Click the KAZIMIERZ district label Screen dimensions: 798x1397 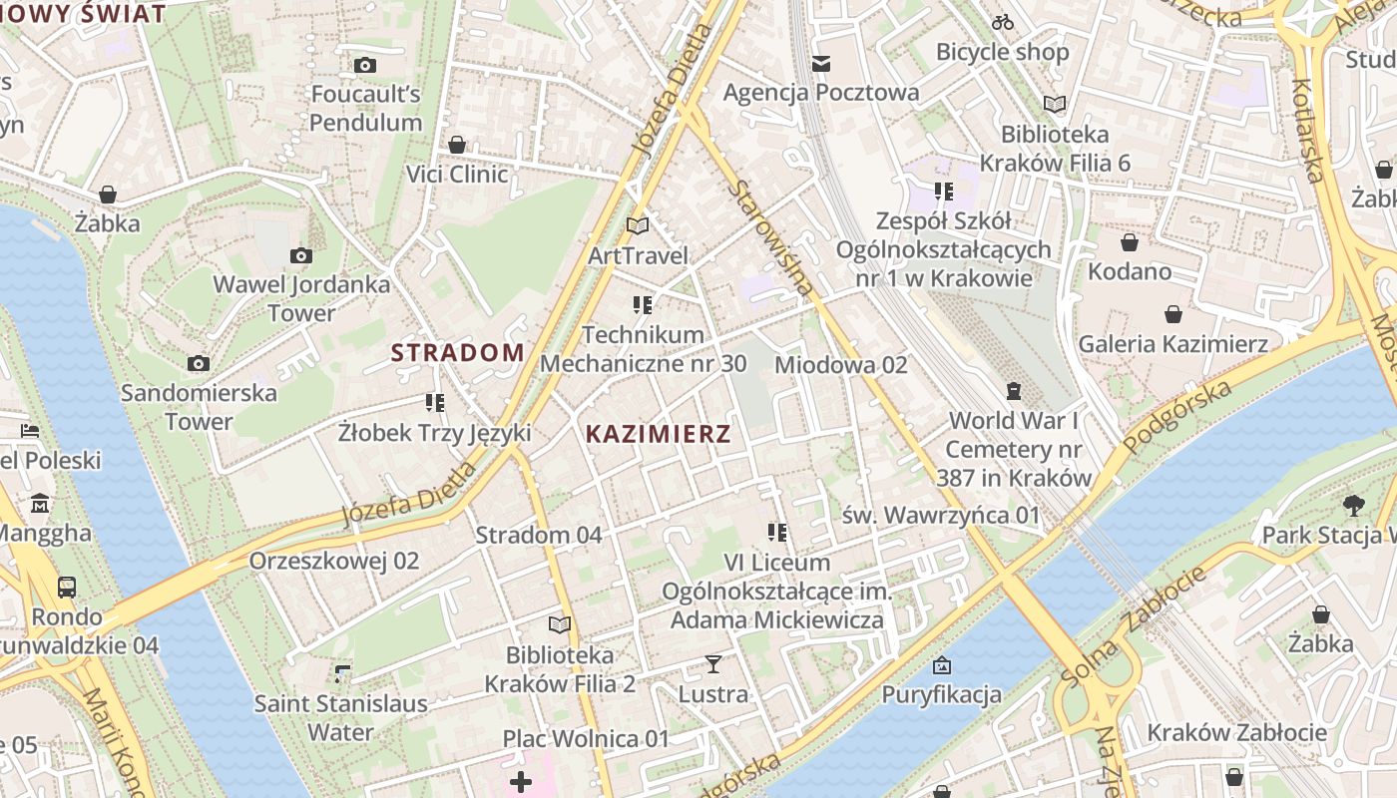tap(658, 434)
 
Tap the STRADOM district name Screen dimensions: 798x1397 tap(457, 352)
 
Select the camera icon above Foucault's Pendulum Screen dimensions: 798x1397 tap(365, 65)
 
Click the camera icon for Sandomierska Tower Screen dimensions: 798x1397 tap(199, 363)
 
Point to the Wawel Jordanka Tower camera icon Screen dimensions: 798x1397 tap(300, 255)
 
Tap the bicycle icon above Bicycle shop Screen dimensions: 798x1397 tap(1003, 22)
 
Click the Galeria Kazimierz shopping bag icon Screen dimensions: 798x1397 tap(1172, 315)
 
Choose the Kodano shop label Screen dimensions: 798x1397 tap(1130, 271)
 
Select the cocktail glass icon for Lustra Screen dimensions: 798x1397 tap(712, 664)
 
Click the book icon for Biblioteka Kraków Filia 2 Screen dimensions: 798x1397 tap(560, 625)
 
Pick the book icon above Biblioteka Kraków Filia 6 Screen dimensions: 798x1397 tap(1055, 104)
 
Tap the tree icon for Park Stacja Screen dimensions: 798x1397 tap(1353, 506)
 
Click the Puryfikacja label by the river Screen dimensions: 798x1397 tap(941, 694)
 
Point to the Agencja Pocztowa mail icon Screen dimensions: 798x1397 tap(820, 64)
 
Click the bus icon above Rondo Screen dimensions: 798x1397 tap(67, 587)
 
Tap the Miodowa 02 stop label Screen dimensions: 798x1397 tap(840, 365)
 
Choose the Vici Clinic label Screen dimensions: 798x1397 tap(457, 175)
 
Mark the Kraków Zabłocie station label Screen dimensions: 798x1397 tap(1236, 732)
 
